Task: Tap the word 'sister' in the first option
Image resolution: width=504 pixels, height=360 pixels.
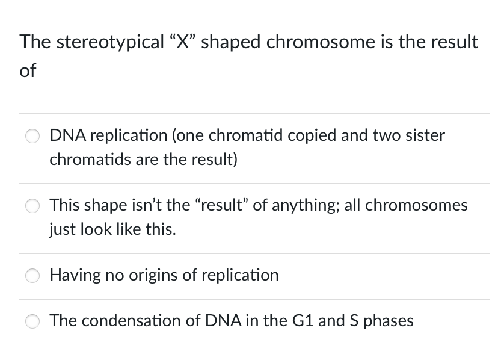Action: click(x=425, y=135)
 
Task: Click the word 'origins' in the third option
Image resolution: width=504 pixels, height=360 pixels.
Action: click(x=146, y=276)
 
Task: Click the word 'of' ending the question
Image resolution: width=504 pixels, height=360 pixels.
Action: click(x=28, y=70)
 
